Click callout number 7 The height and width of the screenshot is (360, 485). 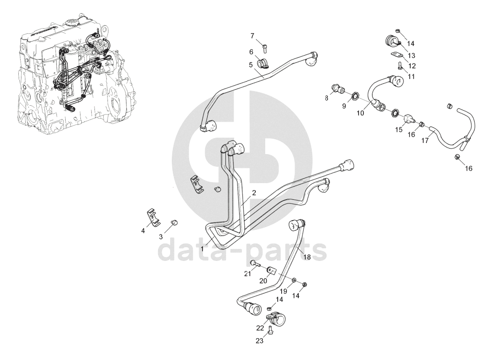pyautogui.click(x=252, y=35)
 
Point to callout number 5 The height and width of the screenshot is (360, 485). pyautogui.click(x=251, y=65)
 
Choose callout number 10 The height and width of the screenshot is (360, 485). pyautogui.click(x=360, y=113)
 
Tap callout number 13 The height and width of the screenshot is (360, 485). pyautogui.click(x=412, y=55)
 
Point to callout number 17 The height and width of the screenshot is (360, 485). pyautogui.click(x=424, y=141)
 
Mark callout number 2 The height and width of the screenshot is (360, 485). pyautogui.click(x=254, y=192)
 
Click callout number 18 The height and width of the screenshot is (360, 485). pyautogui.click(x=307, y=257)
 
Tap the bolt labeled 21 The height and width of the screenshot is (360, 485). pyautogui.click(x=254, y=263)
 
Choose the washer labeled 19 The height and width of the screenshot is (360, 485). pyautogui.click(x=294, y=280)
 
